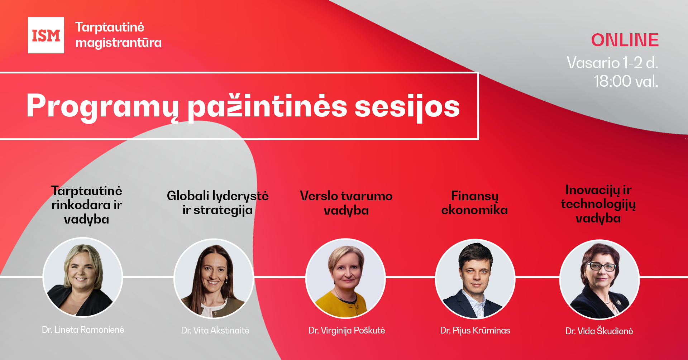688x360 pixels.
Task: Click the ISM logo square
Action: pos(46,35)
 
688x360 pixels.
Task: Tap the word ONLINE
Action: pos(625,40)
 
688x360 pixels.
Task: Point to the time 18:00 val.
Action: pos(626,81)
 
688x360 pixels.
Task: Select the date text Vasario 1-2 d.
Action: pos(612,63)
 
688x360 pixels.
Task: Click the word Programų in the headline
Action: pos(102,106)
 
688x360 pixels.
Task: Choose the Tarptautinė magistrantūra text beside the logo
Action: pos(118,35)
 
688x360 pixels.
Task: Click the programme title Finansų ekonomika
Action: pos(474,203)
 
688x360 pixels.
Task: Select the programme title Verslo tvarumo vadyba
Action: pos(346,203)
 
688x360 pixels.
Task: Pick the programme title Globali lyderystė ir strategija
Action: pos(218,203)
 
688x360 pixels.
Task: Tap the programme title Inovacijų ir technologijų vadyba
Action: pos(598,204)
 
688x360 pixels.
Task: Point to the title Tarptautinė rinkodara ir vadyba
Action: pos(87,205)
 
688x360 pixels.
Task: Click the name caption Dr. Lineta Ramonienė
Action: pos(83,330)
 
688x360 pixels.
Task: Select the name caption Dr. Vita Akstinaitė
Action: pos(215,330)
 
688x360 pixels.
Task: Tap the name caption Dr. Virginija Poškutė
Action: pos(347,330)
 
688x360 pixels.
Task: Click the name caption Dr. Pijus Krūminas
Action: pos(475,330)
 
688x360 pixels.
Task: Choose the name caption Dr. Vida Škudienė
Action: pos(599,331)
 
